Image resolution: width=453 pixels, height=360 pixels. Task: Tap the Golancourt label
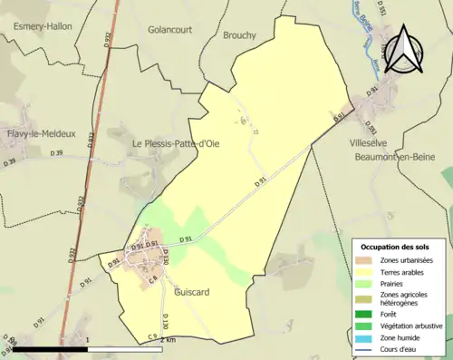point(172,29)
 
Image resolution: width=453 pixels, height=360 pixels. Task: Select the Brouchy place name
point(240,35)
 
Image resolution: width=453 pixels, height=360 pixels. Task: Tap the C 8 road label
point(154,277)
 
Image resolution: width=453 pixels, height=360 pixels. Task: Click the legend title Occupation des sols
point(395,247)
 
